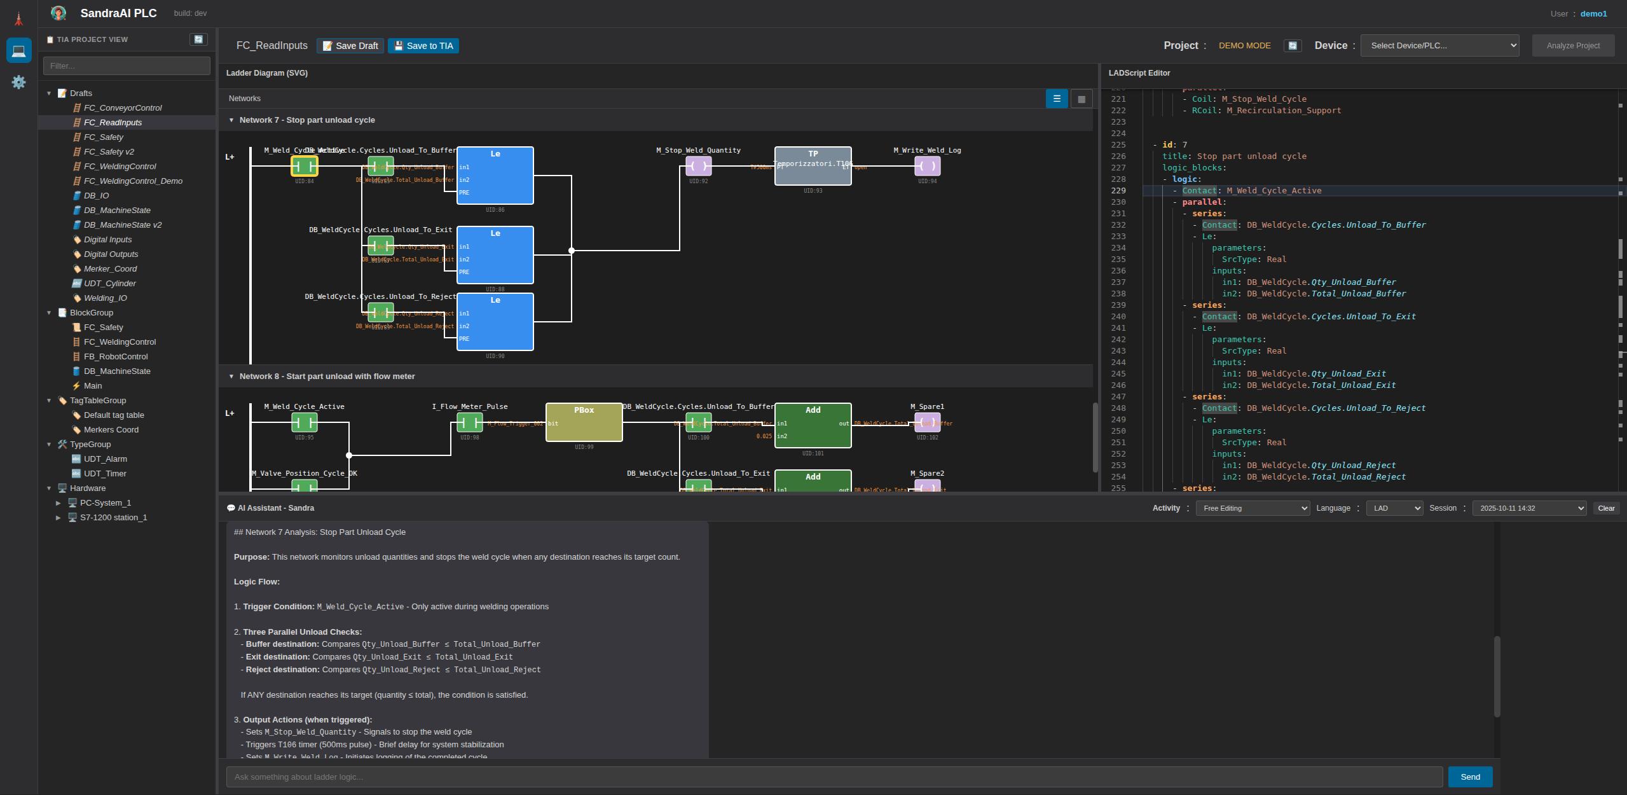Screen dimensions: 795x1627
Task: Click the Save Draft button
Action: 350,46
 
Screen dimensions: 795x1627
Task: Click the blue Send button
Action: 1469,777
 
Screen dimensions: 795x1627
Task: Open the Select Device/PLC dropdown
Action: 1439,46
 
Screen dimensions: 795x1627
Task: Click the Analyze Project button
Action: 1572,46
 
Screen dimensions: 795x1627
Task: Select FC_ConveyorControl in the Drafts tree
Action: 123,108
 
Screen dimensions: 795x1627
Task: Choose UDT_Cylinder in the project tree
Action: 109,284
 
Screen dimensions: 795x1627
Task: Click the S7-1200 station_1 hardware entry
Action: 113,518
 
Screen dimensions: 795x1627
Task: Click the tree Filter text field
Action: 127,66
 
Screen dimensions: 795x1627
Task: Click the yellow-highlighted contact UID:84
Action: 305,167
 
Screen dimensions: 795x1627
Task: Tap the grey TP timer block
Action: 813,167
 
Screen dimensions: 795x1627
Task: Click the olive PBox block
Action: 584,422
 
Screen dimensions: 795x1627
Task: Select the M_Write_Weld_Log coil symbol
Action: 927,167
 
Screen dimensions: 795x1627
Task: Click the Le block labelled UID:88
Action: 495,255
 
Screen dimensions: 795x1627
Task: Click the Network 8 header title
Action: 327,377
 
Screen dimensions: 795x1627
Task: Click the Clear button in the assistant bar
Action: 1606,508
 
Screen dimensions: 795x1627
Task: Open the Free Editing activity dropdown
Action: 1252,508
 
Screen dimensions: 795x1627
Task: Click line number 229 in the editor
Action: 1118,191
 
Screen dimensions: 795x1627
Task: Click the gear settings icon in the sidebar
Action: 18,82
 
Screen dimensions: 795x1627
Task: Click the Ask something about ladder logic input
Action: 834,777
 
